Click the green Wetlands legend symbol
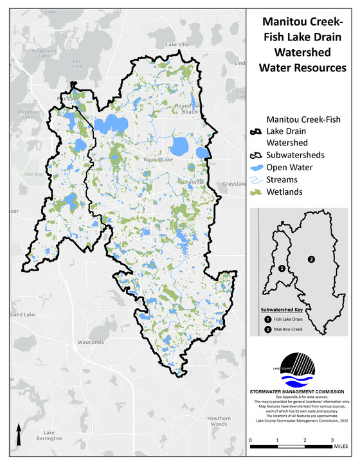(256, 192)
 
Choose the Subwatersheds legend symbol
(256, 155)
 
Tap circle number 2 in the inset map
(310, 259)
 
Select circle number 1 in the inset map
(281, 269)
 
